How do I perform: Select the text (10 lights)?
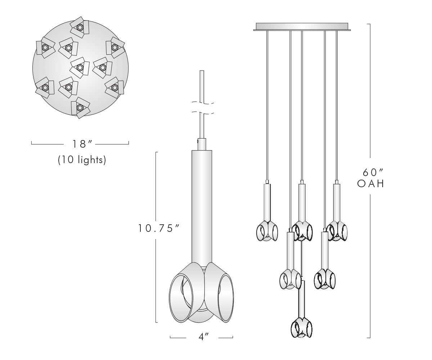coord(82,160)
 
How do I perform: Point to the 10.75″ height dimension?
coord(159,228)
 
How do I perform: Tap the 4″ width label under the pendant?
coord(203,337)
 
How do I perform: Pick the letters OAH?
coord(371,184)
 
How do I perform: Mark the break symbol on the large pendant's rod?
coord(202,108)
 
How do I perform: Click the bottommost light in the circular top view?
coord(80,107)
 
